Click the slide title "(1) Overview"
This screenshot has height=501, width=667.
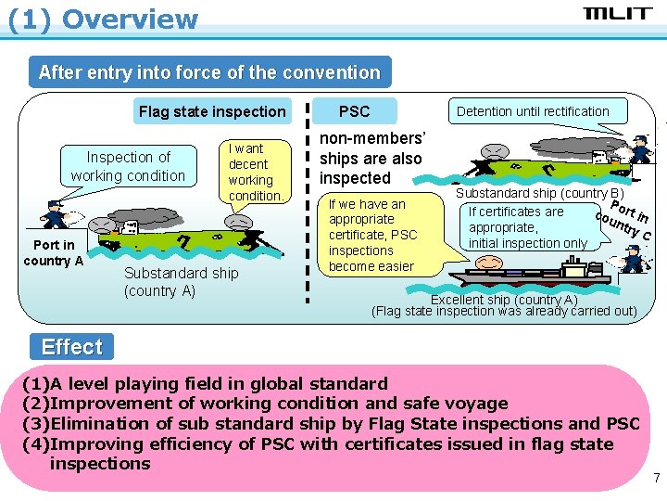click(103, 19)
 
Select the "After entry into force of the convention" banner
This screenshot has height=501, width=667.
click(209, 72)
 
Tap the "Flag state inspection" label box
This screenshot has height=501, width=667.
click(212, 111)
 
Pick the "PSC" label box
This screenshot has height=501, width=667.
click(354, 111)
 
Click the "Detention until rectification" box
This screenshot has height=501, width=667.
click(533, 111)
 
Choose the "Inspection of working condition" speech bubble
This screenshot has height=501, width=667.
click(128, 167)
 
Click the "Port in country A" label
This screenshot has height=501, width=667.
click(54, 252)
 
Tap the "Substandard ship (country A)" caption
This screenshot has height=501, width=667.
click(181, 281)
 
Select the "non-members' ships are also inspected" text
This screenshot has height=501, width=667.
click(371, 158)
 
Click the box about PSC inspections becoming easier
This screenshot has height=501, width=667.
click(372, 235)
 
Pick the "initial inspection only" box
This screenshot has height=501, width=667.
click(528, 227)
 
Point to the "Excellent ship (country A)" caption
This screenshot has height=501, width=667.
click(504, 300)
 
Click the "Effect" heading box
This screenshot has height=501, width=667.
click(72, 347)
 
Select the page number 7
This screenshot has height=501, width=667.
click(656, 479)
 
